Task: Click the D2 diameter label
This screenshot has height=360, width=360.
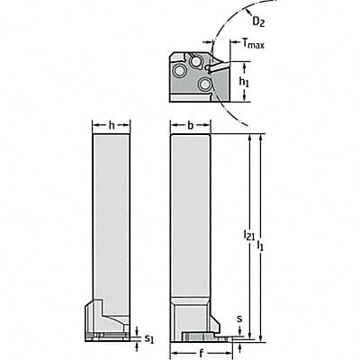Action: pyautogui.click(x=258, y=22)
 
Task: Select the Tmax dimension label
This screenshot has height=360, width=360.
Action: pyautogui.click(x=253, y=44)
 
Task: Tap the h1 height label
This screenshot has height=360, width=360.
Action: pyautogui.click(x=244, y=82)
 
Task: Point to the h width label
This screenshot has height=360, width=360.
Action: pyautogui.click(x=112, y=125)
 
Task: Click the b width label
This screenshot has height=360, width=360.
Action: pyautogui.click(x=190, y=125)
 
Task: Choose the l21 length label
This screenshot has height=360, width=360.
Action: pyautogui.click(x=248, y=234)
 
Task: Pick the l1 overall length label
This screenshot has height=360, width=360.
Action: pyautogui.click(x=260, y=245)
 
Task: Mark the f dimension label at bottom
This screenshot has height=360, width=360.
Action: pyautogui.click(x=201, y=354)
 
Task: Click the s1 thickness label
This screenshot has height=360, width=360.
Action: pyautogui.click(x=148, y=338)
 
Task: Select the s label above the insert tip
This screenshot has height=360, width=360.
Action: pyautogui.click(x=239, y=319)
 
